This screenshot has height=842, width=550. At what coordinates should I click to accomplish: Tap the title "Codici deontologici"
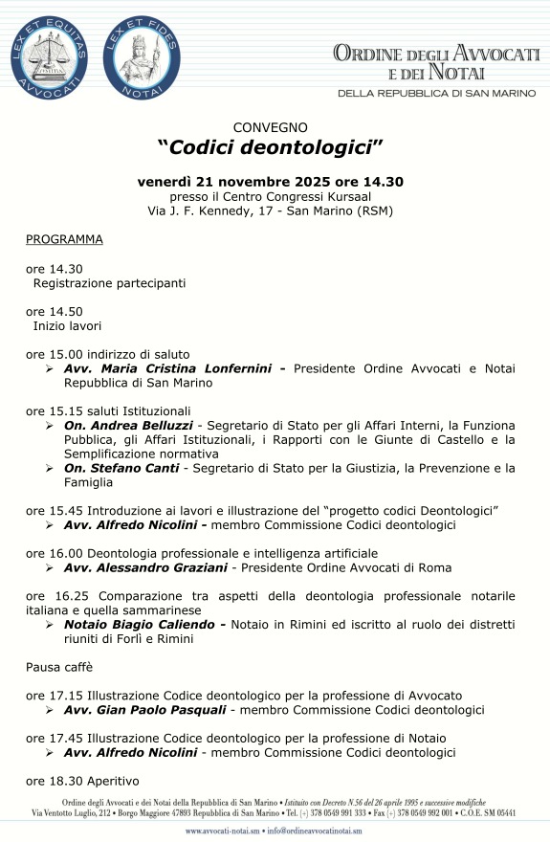coord(270,147)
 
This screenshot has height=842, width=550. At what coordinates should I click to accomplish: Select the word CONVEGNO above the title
coord(270,126)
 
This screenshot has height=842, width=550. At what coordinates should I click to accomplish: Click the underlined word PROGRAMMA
coord(64,239)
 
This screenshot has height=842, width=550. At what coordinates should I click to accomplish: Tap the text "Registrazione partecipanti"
coord(109,283)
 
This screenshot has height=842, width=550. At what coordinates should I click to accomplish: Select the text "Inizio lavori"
coord(67,325)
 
